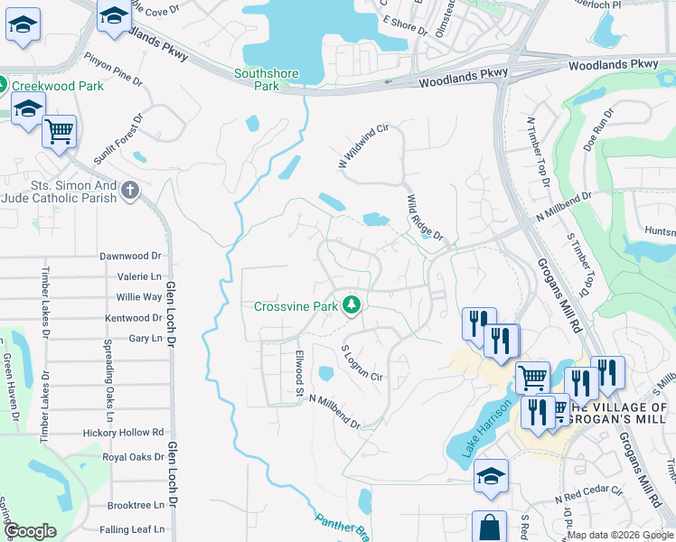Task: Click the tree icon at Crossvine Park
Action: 352,306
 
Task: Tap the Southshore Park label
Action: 256,80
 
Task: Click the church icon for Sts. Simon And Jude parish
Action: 131,191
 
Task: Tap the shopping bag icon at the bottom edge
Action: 489,528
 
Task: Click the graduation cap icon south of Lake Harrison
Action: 491,476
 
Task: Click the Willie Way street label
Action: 138,296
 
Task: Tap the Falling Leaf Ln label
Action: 133,529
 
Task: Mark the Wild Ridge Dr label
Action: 425,219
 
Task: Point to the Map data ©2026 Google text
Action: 620,535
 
